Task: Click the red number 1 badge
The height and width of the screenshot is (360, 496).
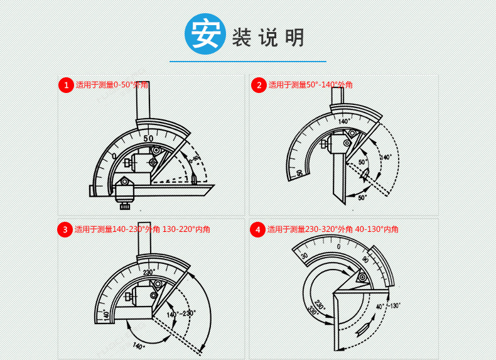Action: (66, 85)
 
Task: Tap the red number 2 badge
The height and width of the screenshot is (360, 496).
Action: (259, 85)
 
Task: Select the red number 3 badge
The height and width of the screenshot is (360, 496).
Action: (65, 229)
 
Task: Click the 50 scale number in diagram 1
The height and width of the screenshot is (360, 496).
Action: (148, 138)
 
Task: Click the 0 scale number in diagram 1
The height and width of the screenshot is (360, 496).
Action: (114, 155)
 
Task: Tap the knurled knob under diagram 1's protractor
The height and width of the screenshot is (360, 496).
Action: (125, 203)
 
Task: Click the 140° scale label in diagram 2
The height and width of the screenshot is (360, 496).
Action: (344, 121)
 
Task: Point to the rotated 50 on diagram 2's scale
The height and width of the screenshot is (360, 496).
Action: (299, 172)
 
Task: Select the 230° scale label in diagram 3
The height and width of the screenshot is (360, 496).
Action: (149, 272)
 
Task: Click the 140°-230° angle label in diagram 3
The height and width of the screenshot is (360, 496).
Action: (181, 313)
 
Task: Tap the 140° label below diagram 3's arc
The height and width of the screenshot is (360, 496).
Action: (139, 345)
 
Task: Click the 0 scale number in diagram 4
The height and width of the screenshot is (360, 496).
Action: (338, 246)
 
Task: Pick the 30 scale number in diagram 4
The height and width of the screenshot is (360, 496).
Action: (305, 256)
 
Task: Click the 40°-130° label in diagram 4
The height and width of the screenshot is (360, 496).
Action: (389, 306)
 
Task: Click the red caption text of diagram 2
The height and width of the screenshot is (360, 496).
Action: (311, 85)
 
